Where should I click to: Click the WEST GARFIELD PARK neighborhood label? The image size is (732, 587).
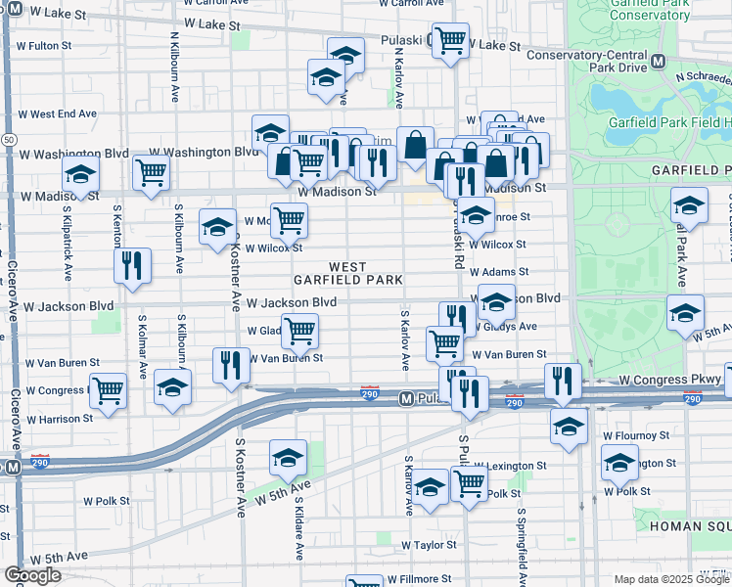349,273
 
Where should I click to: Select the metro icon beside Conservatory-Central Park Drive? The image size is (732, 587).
659,61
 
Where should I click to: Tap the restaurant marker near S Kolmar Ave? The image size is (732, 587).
132,265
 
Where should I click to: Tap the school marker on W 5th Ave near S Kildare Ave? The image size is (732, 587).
289,457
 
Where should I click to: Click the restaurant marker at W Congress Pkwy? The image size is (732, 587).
562,380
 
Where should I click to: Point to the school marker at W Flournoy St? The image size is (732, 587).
569,426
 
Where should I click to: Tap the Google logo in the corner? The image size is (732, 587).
32,575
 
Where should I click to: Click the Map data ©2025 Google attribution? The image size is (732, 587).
670,579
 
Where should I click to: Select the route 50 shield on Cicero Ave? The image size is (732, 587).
8,140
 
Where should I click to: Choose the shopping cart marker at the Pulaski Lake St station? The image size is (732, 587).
450,41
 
